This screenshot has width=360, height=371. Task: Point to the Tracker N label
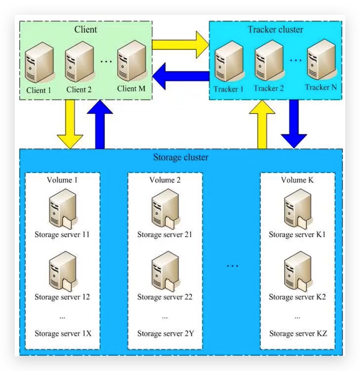pyautogui.click(x=321, y=87)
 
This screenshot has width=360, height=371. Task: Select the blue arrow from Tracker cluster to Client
pyautogui.click(x=181, y=77)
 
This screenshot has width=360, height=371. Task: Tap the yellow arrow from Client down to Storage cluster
pyautogui.click(x=70, y=124)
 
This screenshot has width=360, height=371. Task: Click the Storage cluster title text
pyautogui.click(x=180, y=158)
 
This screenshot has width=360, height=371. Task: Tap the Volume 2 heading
pyautogui.click(x=165, y=180)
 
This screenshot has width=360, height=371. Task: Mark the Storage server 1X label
pyautogui.click(x=63, y=334)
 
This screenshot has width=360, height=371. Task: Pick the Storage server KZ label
pyautogui.click(x=298, y=334)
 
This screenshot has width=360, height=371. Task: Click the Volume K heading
pyautogui.click(x=297, y=180)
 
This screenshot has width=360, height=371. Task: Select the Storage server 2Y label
pyautogui.click(x=165, y=334)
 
